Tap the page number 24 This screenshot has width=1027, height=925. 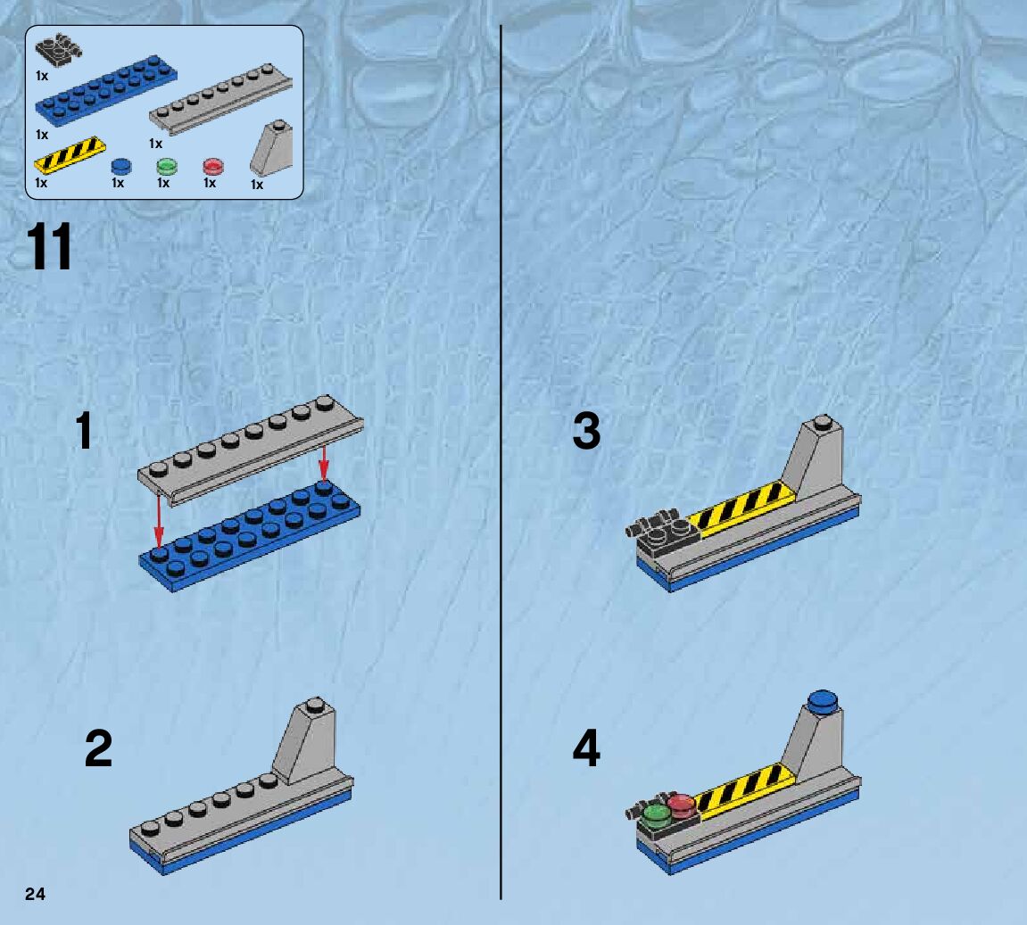pyautogui.click(x=36, y=895)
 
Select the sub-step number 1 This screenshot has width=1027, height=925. pyautogui.click(x=84, y=432)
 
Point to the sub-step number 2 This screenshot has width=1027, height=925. pyautogui.click(x=98, y=748)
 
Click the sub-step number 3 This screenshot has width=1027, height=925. pyautogui.click(x=586, y=432)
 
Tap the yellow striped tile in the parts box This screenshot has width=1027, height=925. pyautogui.click(x=70, y=153)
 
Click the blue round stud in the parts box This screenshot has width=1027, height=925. pyautogui.click(x=120, y=166)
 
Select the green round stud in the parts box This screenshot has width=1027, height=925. pyautogui.click(x=166, y=166)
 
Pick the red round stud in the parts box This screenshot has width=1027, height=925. pyautogui.click(x=212, y=166)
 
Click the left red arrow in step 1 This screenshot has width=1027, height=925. pyautogui.click(x=159, y=517)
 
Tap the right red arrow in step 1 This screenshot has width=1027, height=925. pyautogui.click(x=323, y=459)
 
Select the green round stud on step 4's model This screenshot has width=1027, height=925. pyautogui.click(x=657, y=813)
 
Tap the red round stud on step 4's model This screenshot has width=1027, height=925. pyautogui.click(x=681, y=804)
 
